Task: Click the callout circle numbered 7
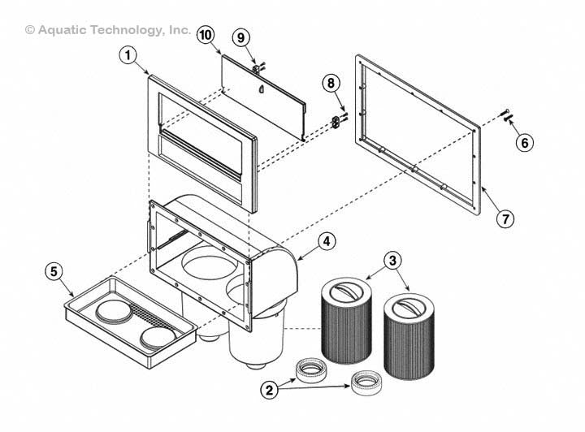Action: coord(505,218)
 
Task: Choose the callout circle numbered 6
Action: coord(525,143)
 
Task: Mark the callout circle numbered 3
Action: coord(392,260)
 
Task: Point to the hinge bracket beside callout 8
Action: coord(335,121)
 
